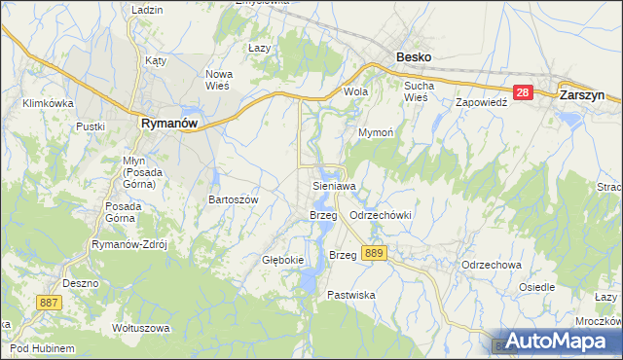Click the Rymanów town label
[x=169, y=124]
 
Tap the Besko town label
[x=414, y=57]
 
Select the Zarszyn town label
[x=584, y=96]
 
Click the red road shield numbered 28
[x=523, y=92]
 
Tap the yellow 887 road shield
[x=49, y=304]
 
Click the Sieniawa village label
[x=334, y=184]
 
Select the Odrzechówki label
[x=381, y=214]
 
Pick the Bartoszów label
[x=233, y=198]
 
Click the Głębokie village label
[x=284, y=260]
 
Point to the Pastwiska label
[x=351, y=294]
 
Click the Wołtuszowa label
[x=135, y=327]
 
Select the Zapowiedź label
[x=483, y=101]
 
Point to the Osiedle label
[x=537, y=287]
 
